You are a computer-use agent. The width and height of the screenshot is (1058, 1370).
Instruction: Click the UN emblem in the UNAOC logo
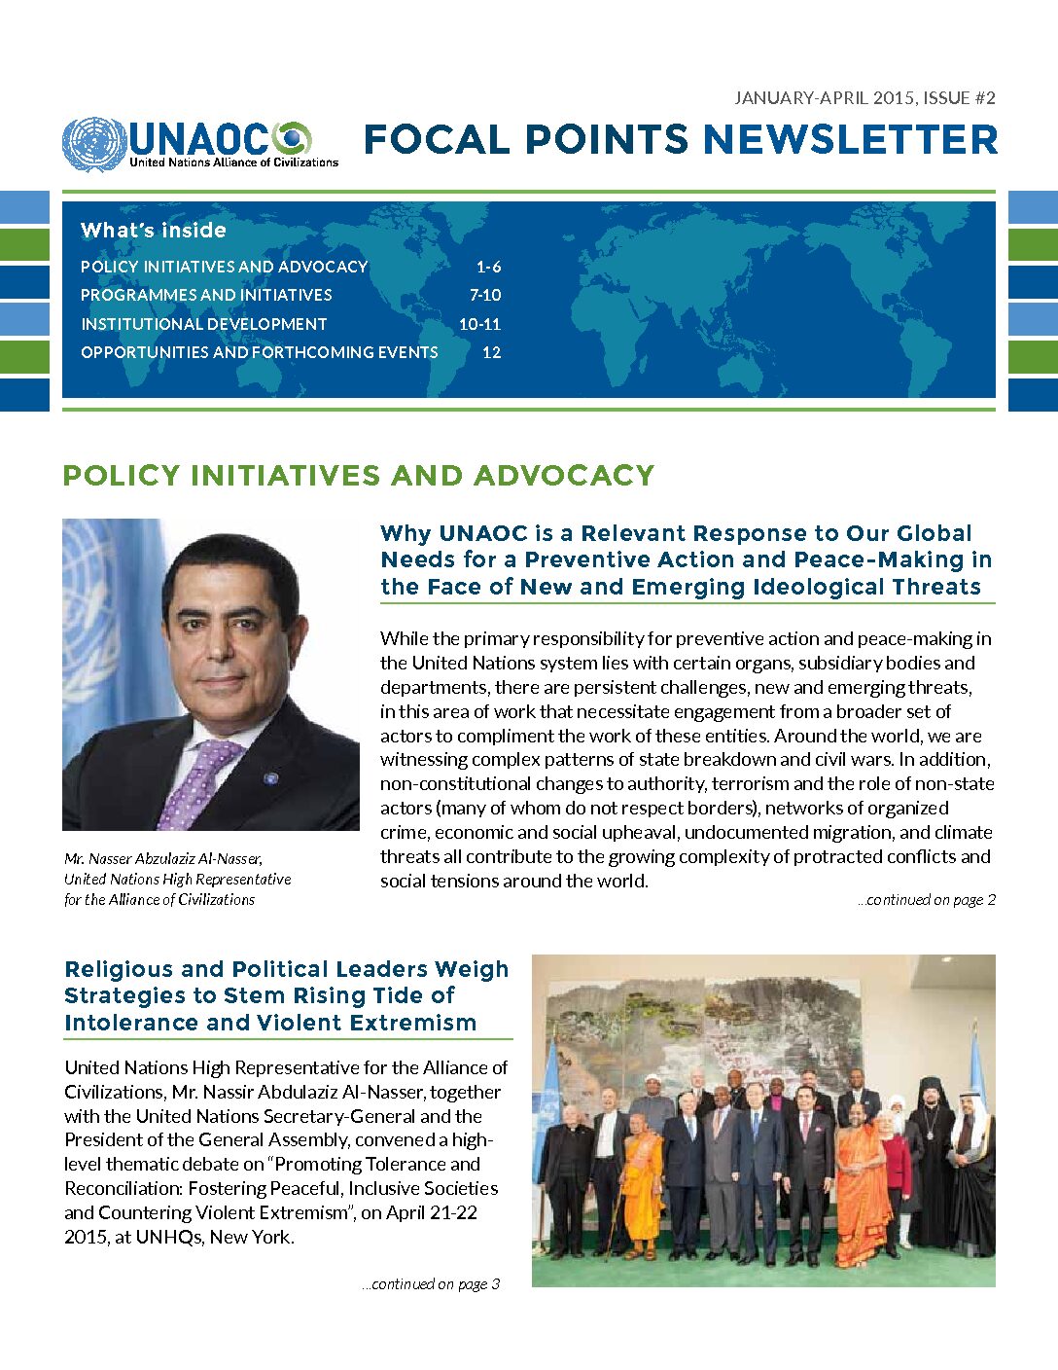[x=94, y=145]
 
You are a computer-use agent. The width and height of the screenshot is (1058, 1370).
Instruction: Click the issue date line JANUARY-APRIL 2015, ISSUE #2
[x=864, y=97]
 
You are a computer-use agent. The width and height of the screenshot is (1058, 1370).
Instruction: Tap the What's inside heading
[x=154, y=231]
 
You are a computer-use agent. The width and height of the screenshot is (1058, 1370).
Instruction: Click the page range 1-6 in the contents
[x=488, y=267]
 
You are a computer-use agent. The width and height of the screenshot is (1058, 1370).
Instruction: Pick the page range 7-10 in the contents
[x=485, y=295]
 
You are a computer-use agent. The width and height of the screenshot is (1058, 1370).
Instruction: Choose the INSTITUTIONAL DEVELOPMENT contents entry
[x=204, y=324]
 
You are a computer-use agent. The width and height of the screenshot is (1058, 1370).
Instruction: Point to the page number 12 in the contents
[x=491, y=352]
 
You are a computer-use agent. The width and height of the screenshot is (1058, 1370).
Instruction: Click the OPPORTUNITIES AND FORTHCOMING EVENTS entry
[x=259, y=352]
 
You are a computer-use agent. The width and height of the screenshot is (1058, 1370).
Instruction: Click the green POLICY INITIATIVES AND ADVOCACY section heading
[x=358, y=476]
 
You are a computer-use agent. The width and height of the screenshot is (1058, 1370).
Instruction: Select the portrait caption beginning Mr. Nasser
[x=177, y=879]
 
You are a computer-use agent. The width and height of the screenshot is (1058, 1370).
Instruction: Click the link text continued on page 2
[x=927, y=900]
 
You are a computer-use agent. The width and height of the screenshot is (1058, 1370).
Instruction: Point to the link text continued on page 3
[x=431, y=1284]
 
